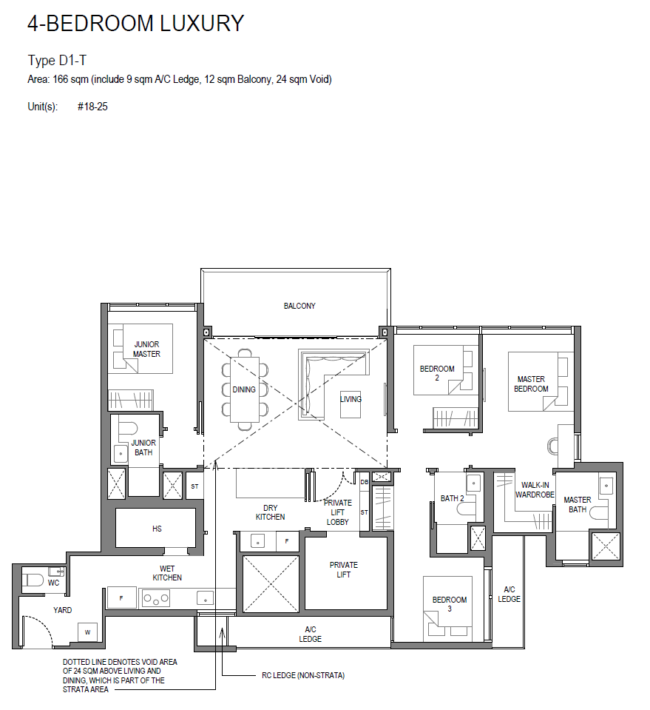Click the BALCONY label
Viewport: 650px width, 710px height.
tap(299, 306)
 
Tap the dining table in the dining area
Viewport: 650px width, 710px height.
tap(245, 389)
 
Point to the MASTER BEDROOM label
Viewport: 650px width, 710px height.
tap(531, 384)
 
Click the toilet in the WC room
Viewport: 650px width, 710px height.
tap(33, 580)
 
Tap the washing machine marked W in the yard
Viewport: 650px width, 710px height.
tap(88, 632)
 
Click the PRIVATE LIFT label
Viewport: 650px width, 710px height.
tap(344, 569)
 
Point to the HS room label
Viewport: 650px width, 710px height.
tap(157, 529)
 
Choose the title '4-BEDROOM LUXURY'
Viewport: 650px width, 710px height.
tap(136, 23)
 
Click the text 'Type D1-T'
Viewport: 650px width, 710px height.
tap(57, 60)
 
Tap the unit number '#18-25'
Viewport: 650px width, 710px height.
tap(92, 107)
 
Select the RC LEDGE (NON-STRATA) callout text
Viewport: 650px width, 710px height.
tap(303, 675)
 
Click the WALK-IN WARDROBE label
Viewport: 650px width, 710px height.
tap(535, 490)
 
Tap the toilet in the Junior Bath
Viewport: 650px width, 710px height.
tap(128, 429)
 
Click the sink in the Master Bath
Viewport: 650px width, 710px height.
tap(606, 486)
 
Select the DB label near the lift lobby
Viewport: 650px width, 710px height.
tap(364, 482)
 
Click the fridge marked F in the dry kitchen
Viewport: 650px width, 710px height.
tap(287, 541)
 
